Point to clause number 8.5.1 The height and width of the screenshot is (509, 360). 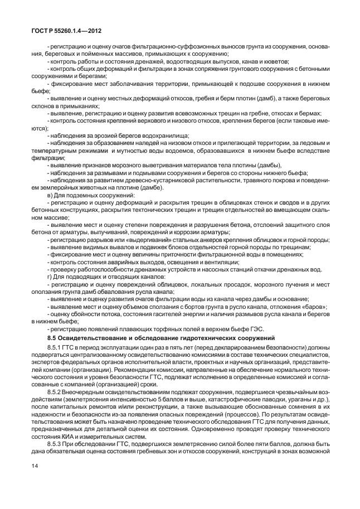pyautogui.click(x=57, y=348)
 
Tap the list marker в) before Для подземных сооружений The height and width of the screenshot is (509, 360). pyautogui.click(x=51, y=196)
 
